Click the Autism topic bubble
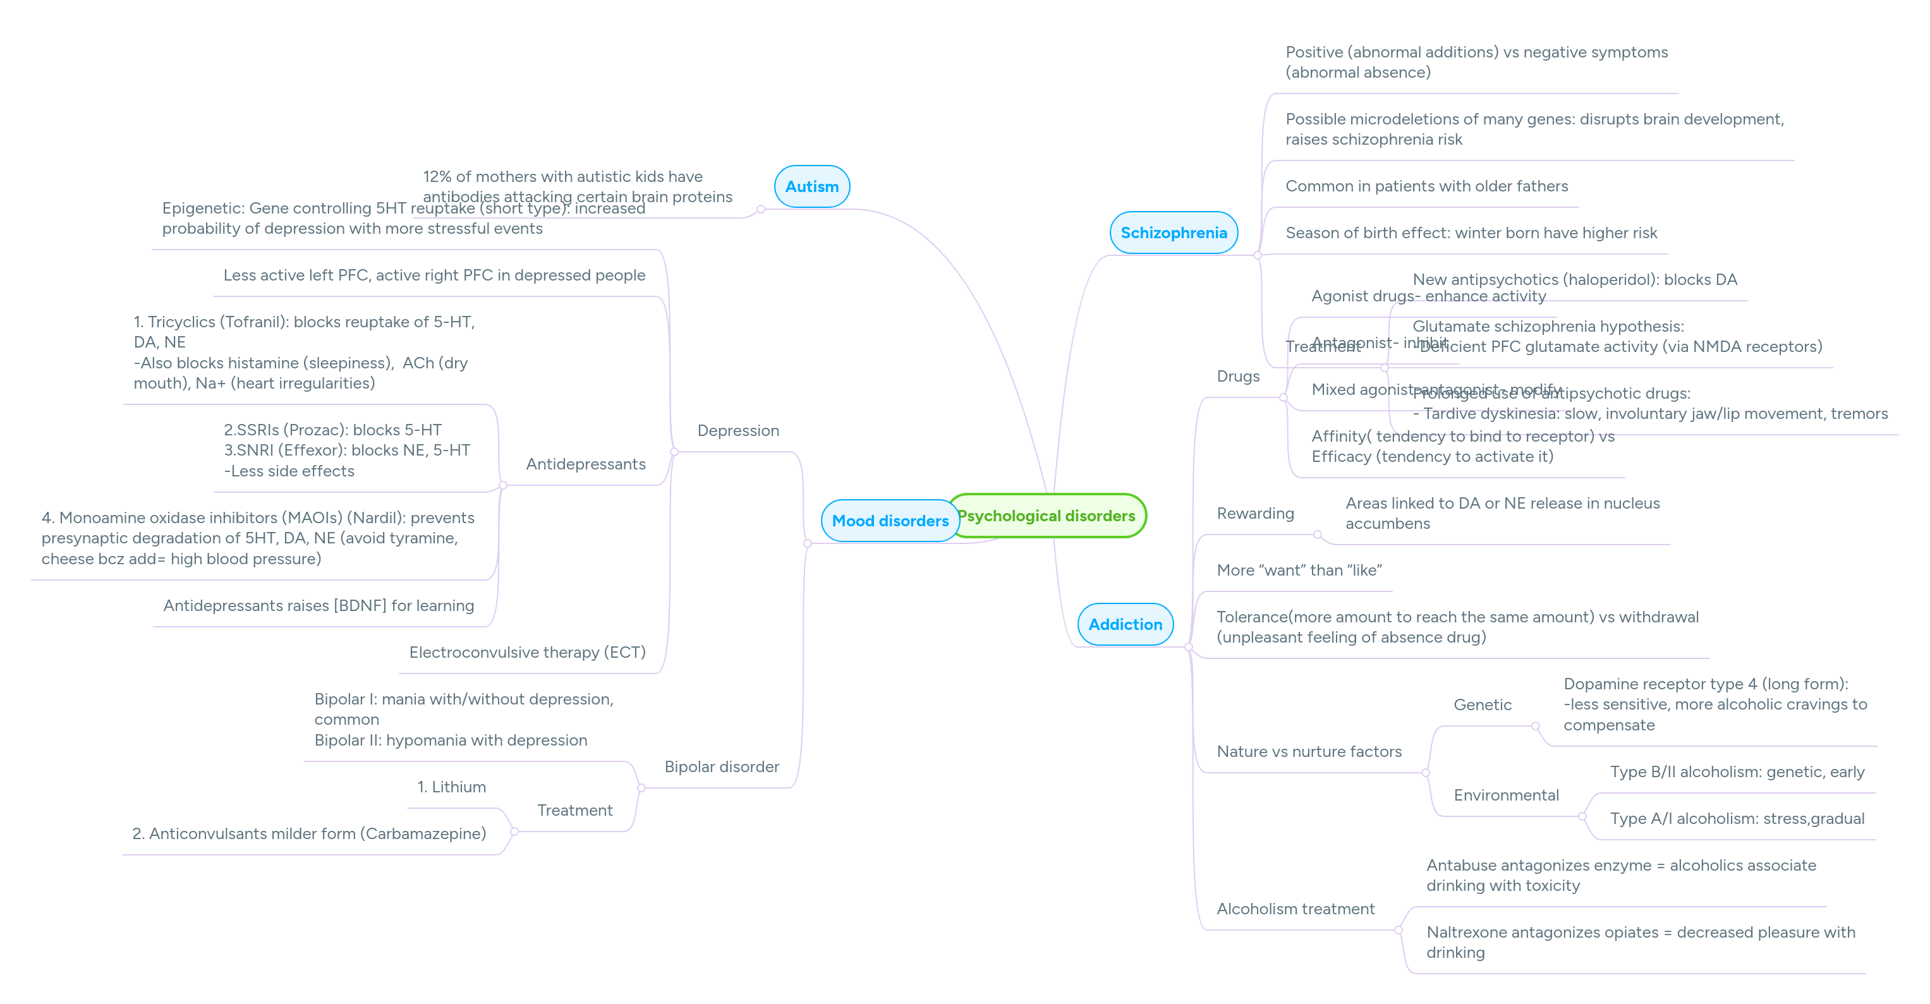pos(811,186)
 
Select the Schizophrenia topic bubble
pos(1174,233)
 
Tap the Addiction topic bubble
pos(1125,624)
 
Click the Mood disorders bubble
pos(889,521)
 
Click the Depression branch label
pos(738,431)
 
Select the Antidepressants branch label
pos(585,464)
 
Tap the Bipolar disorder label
pos(722,766)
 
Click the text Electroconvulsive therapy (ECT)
pos(526,653)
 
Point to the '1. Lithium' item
pos(451,787)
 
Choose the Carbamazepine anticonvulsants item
pos(308,834)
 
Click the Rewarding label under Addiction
pos(1255,513)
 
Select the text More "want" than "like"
pos(1299,570)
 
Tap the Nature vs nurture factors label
pos(1309,751)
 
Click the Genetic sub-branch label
pos(1482,705)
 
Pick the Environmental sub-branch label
pos(1506,795)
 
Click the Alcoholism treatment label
pos(1296,909)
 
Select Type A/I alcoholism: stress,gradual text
pos(1737,819)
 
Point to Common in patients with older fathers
pos(1426,186)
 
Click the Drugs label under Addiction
pos(1238,377)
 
